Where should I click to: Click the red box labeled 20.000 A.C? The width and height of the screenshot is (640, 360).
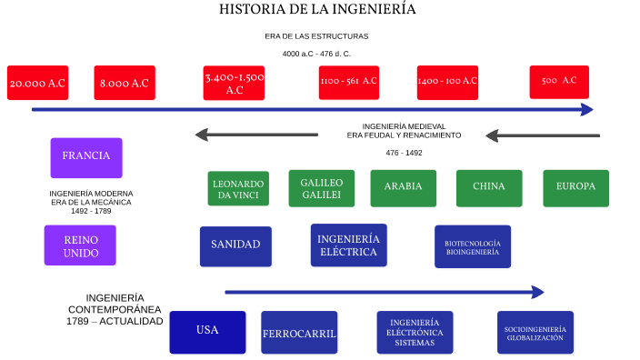37,83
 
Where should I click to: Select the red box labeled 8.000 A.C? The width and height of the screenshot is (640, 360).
125,83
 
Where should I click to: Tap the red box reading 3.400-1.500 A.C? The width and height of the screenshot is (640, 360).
235,83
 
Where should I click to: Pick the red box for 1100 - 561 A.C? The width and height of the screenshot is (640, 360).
348,82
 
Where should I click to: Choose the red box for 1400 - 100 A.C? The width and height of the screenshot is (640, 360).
447,82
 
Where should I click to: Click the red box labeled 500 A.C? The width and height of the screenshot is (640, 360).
559,82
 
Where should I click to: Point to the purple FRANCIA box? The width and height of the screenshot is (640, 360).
86,156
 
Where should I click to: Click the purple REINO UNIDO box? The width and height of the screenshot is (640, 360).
81,245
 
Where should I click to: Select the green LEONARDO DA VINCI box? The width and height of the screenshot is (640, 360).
238,189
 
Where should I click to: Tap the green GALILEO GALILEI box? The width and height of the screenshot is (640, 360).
321,188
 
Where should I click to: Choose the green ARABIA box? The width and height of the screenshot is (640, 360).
404,188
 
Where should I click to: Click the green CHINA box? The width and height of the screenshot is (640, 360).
489,188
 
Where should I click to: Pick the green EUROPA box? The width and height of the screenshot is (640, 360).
575,188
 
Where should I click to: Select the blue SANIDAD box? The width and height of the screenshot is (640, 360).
235,245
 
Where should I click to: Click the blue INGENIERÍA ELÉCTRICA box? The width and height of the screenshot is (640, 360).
348,245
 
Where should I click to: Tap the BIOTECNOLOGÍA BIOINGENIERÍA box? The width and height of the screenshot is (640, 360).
473,246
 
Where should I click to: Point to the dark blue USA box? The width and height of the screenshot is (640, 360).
207,332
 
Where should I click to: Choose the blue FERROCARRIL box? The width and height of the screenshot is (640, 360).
299,333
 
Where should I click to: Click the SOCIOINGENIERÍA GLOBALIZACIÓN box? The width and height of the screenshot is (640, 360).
536,333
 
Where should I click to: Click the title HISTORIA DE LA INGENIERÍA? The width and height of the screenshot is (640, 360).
317,10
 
